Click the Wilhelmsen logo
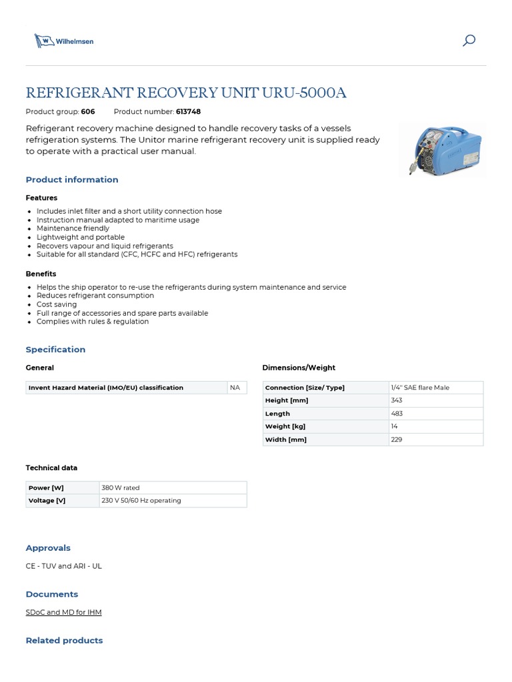64,41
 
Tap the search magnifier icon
469,41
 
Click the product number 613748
188,112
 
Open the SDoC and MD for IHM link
63,612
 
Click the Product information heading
72,180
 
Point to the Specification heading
55,350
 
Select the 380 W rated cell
121,488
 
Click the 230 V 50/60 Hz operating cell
141,500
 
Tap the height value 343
397,400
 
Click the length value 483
397,414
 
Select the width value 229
397,440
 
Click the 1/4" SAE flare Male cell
420,388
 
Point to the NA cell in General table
235,387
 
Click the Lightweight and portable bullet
81,237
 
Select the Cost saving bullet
57,304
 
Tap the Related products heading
64,641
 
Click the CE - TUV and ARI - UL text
63,566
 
